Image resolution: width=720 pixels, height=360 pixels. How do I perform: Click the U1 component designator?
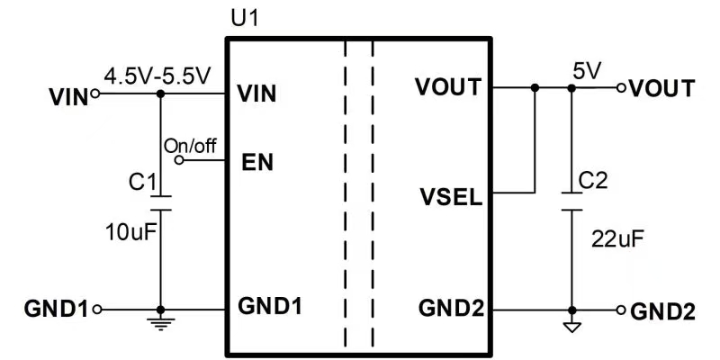[243, 18]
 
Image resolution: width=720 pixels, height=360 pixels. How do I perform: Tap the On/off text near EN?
[190, 146]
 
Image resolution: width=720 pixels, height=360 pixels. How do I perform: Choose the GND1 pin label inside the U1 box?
[270, 305]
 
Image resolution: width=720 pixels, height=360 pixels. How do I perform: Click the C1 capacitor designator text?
[141, 182]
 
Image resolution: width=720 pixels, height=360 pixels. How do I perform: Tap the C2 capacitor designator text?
[593, 181]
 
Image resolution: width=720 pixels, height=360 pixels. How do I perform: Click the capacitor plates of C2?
[570, 202]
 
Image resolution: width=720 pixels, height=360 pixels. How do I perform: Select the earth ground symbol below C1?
[160, 318]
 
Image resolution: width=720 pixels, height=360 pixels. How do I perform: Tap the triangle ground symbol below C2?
[570, 325]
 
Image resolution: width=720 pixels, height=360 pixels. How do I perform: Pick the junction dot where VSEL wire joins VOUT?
[535, 88]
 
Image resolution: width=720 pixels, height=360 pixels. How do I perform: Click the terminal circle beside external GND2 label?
[619, 309]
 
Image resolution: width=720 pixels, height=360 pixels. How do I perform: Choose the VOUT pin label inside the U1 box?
[447, 88]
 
